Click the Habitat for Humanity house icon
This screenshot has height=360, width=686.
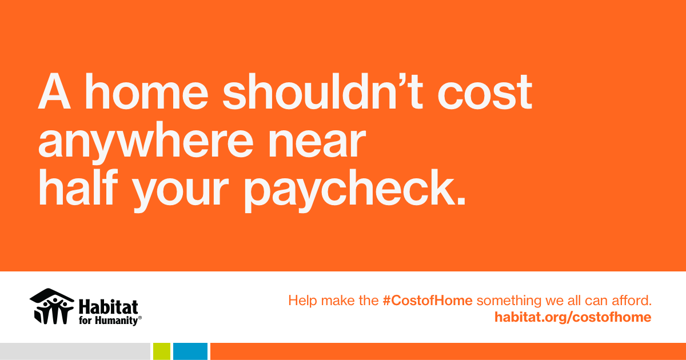point(52,306)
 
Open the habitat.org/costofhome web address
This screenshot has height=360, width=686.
point(573,317)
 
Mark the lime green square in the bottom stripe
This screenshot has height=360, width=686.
point(162,351)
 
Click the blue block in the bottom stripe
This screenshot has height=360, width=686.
point(190,351)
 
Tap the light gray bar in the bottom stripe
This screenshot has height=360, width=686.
point(75,351)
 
